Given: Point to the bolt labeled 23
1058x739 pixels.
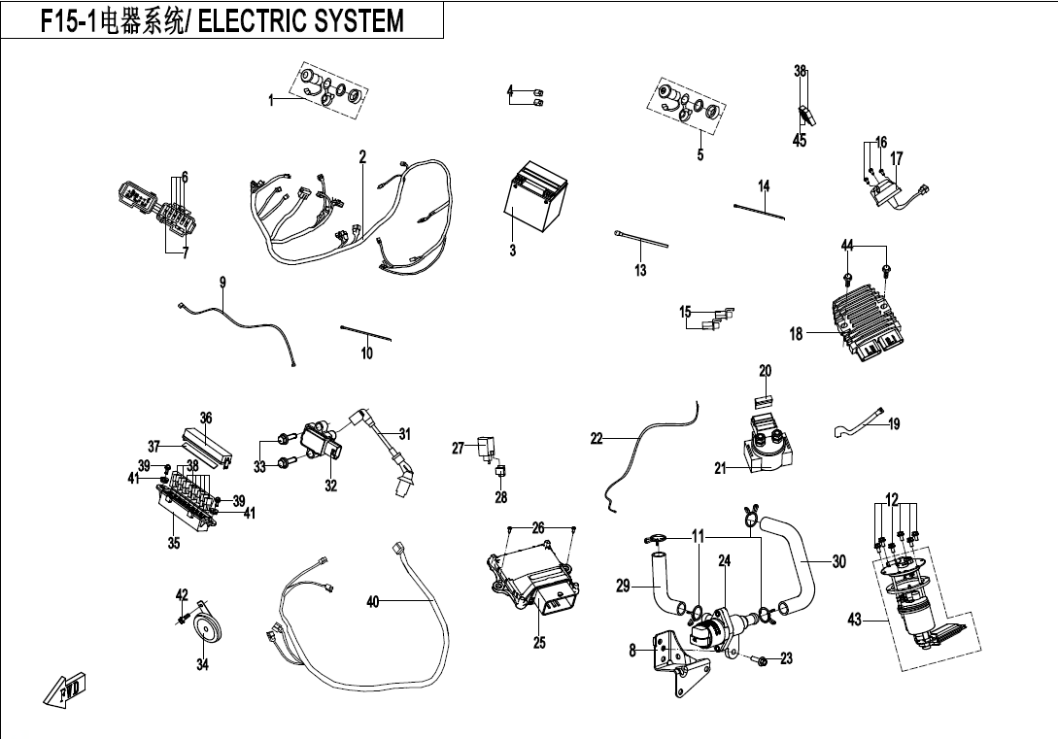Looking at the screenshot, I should click(761, 660).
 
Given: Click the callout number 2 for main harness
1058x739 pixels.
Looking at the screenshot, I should click(362, 156).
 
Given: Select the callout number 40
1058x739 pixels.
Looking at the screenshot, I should click(372, 602).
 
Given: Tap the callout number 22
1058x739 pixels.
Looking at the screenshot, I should click(597, 439).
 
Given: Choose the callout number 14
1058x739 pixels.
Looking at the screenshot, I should click(764, 185).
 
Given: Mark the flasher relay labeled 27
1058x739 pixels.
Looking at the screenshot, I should click(485, 450).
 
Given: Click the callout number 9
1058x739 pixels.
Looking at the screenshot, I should click(222, 283).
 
